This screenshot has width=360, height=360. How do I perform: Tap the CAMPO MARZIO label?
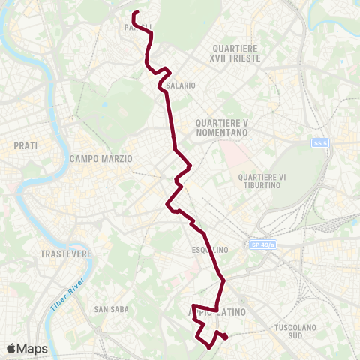pos(101,159)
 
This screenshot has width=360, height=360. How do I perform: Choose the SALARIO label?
pos(181,85)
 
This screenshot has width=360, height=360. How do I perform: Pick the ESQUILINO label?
pos(209,250)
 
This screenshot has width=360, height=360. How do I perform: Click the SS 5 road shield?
pos(320,143)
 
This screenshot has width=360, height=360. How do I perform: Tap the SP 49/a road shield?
pos(262,245)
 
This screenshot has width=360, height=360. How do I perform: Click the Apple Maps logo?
pos(27,349)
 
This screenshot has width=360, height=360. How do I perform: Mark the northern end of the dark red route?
pos(134,13)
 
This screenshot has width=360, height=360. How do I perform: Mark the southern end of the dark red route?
pos(226,337)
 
